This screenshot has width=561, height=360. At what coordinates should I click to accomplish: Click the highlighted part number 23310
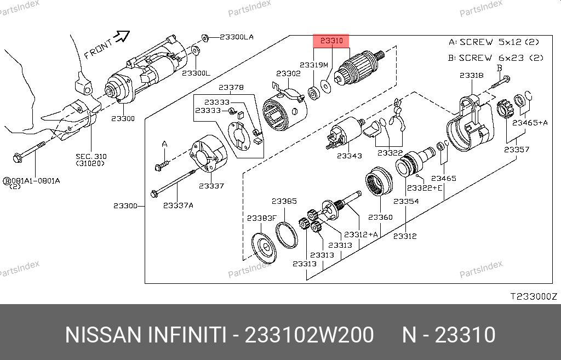[x=331, y=41]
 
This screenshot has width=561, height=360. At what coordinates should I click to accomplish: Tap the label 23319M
[x=314, y=65]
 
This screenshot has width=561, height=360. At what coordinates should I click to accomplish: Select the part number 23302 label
[x=288, y=73]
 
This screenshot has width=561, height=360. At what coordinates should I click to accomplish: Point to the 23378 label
[x=231, y=87]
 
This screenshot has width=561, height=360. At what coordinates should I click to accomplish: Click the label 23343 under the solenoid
[x=350, y=156]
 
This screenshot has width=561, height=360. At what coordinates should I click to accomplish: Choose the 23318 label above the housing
[x=472, y=76]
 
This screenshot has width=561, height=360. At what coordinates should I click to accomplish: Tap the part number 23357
[x=517, y=150]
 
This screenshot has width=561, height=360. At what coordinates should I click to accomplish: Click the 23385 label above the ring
[x=284, y=201]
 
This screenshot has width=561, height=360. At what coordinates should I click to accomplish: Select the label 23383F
[x=262, y=218]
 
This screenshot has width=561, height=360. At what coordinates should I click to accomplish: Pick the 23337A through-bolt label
[x=178, y=205]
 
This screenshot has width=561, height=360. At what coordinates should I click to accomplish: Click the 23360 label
[x=380, y=217]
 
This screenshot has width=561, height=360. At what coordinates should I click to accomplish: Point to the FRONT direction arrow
[x=121, y=36]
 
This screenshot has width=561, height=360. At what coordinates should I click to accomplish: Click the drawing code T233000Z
[x=534, y=296]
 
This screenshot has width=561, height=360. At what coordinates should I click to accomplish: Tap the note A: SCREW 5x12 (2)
[x=494, y=42]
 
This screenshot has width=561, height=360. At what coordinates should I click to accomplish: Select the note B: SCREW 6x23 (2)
[x=496, y=58]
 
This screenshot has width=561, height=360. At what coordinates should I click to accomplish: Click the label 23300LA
[x=237, y=37]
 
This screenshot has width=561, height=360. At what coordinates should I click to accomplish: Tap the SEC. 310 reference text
[x=91, y=156]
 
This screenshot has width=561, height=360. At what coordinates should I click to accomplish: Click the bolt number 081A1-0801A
[x=36, y=181]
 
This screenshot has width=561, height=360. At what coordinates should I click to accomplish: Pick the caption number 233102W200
[x=309, y=335]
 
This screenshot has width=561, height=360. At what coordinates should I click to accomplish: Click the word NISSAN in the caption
[x=103, y=335]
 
